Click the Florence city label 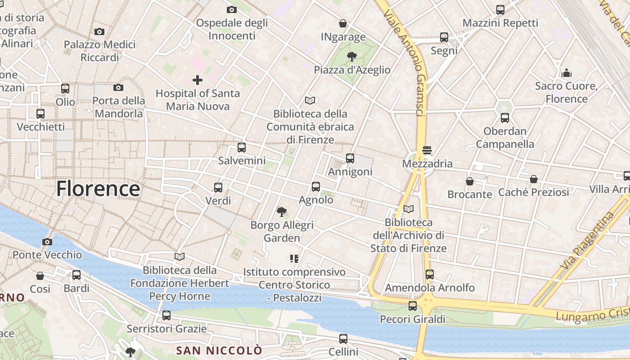coord(98,189)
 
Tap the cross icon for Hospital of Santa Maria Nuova coord(197,80)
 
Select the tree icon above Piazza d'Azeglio coord(351,56)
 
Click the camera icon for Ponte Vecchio coord(47,242)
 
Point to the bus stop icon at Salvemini coord(242,147)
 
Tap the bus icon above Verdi coord(218,187)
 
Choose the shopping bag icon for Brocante coord(470,181)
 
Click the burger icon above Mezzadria coord(427,150)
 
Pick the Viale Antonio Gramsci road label coord(405,63)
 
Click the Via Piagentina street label coord(588,241)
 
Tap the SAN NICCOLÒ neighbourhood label coord(219,350)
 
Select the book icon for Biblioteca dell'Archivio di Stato coord(409,209)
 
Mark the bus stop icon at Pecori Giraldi coord(413,306)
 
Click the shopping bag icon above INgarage coord(343,23)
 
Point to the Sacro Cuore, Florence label coord(567,92)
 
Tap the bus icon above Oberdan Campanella coord(505,118)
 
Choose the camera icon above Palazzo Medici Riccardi coord(99,31)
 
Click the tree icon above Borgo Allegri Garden coord(282,211)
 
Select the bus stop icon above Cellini coord(343,338)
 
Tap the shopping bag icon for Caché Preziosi coord(534,179)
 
